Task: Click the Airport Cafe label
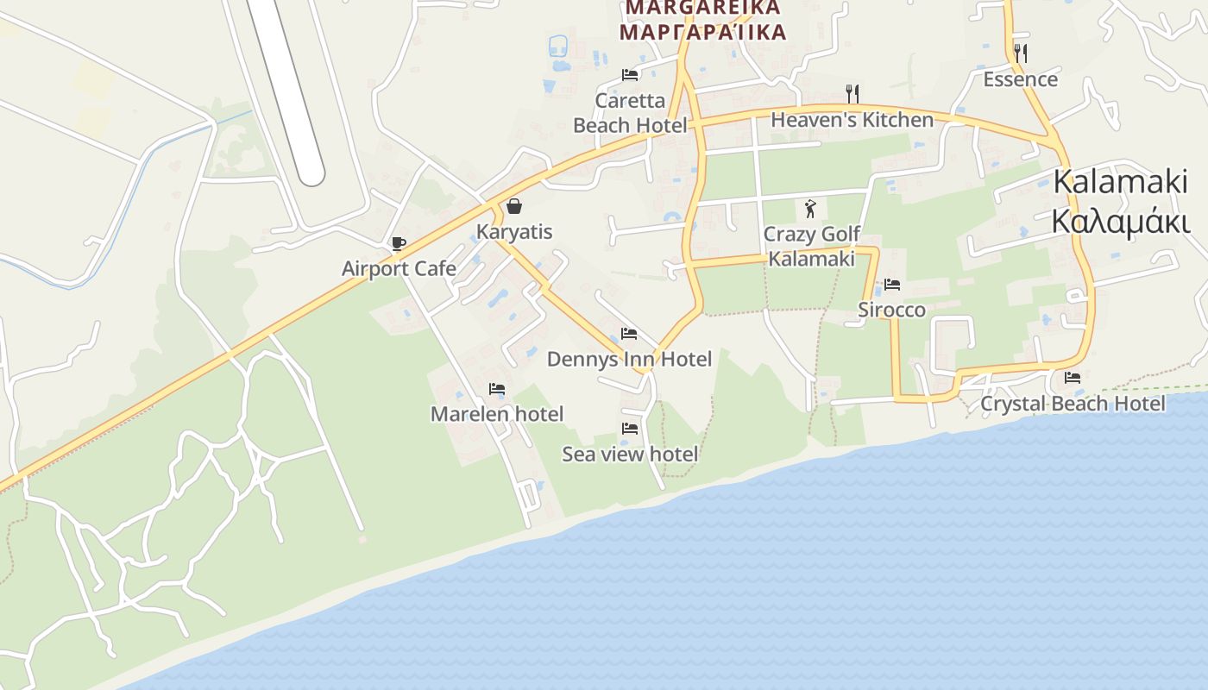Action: pyautogui.click(x=399, y=268)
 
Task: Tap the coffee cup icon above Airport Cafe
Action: pyautogui.click(x=398, y=243)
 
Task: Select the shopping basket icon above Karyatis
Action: pyautogui.click(x=514, y=206)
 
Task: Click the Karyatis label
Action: pyautogui.click(x=514, y=232)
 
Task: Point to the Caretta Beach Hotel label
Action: pyautogui.click(x=630, y=113)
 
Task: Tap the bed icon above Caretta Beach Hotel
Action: pyautogui.click(x=630, y=74)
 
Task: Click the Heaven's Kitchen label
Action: pyautogui.click(x=852, y=120)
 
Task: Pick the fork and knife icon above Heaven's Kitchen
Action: pyautogui.click(x=852, y=93)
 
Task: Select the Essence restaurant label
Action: pyautogui.click(x=1020, y=79)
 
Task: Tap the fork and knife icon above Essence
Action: pyautogui.click(x=1020, y=53)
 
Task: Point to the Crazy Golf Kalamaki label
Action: pyautogui.click(x=812, y=247)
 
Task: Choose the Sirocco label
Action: pyautogui.click(x=891, y=310)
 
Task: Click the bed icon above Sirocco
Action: pyautogui.click(x=892, y=284)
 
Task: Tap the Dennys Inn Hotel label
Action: pyautogui.click(x=629, y=359)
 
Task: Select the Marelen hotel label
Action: pyautogui.click(x=496, y=414)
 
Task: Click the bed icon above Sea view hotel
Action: pyautogui.click(x=630, y=428)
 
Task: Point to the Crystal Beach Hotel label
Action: pyautogui.click(x=1073, y=404)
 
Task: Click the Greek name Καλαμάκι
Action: pyautogui.click(x=1120, y=221)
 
